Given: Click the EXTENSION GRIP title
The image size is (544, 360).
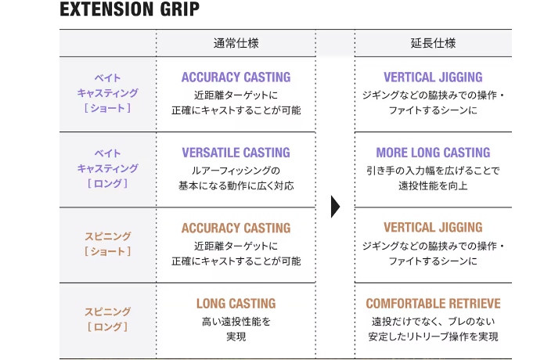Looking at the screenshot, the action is (x=130, y=9).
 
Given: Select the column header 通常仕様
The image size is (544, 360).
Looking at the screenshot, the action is (x=236, y=43).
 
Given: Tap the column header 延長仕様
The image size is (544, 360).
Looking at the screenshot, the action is (x=433, y=43).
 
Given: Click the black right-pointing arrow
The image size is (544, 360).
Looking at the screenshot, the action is (x=335, y=207).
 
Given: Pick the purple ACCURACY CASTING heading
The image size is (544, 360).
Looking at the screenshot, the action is (x=236, y=77).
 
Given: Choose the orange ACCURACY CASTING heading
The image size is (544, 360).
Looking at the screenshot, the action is (x=236, y=228).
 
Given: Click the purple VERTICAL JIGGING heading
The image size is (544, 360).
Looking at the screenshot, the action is (x=433, y=77).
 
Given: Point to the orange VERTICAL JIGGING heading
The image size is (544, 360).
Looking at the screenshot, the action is (x=433, y=227).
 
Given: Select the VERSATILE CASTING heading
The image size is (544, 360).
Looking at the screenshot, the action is (x=236, y=153).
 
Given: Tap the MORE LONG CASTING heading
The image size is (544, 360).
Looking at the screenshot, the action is (x=433, y=153).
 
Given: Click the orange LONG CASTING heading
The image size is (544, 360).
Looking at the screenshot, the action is (x=236, y=304).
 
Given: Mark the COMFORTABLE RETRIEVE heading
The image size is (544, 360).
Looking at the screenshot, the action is (x=433, y=304).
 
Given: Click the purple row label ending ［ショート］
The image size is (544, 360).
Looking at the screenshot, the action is (x=107, y=93).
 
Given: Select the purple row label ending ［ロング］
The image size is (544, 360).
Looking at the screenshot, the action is (x=107, y=168).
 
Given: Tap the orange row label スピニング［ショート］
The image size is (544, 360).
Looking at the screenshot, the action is (x=107, y=243).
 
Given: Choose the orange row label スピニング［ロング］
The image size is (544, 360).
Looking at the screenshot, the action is (x=107, y=319).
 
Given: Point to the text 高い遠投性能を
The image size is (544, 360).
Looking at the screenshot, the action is (x=236, y=322).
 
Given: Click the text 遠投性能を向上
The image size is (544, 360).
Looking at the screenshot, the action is (x=433, y=186).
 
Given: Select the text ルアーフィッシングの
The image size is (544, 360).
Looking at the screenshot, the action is (x=236, y=171).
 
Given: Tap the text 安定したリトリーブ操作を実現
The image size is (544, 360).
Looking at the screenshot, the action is (x=433, y=337).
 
